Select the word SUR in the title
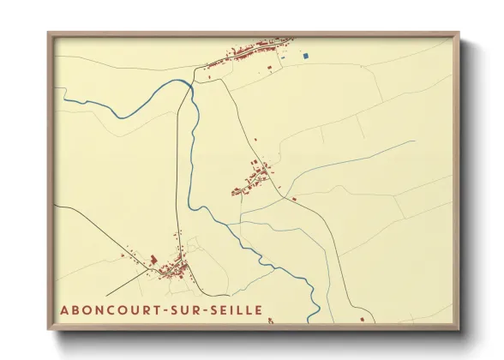click(189, 309)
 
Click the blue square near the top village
click(304, 57)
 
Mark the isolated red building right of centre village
click(294, 199)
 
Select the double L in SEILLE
click(241, 309)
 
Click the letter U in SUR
click(189, 309)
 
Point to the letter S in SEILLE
click(216, 309)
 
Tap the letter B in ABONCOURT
click(77, 309)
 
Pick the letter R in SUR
click(199, 309)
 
